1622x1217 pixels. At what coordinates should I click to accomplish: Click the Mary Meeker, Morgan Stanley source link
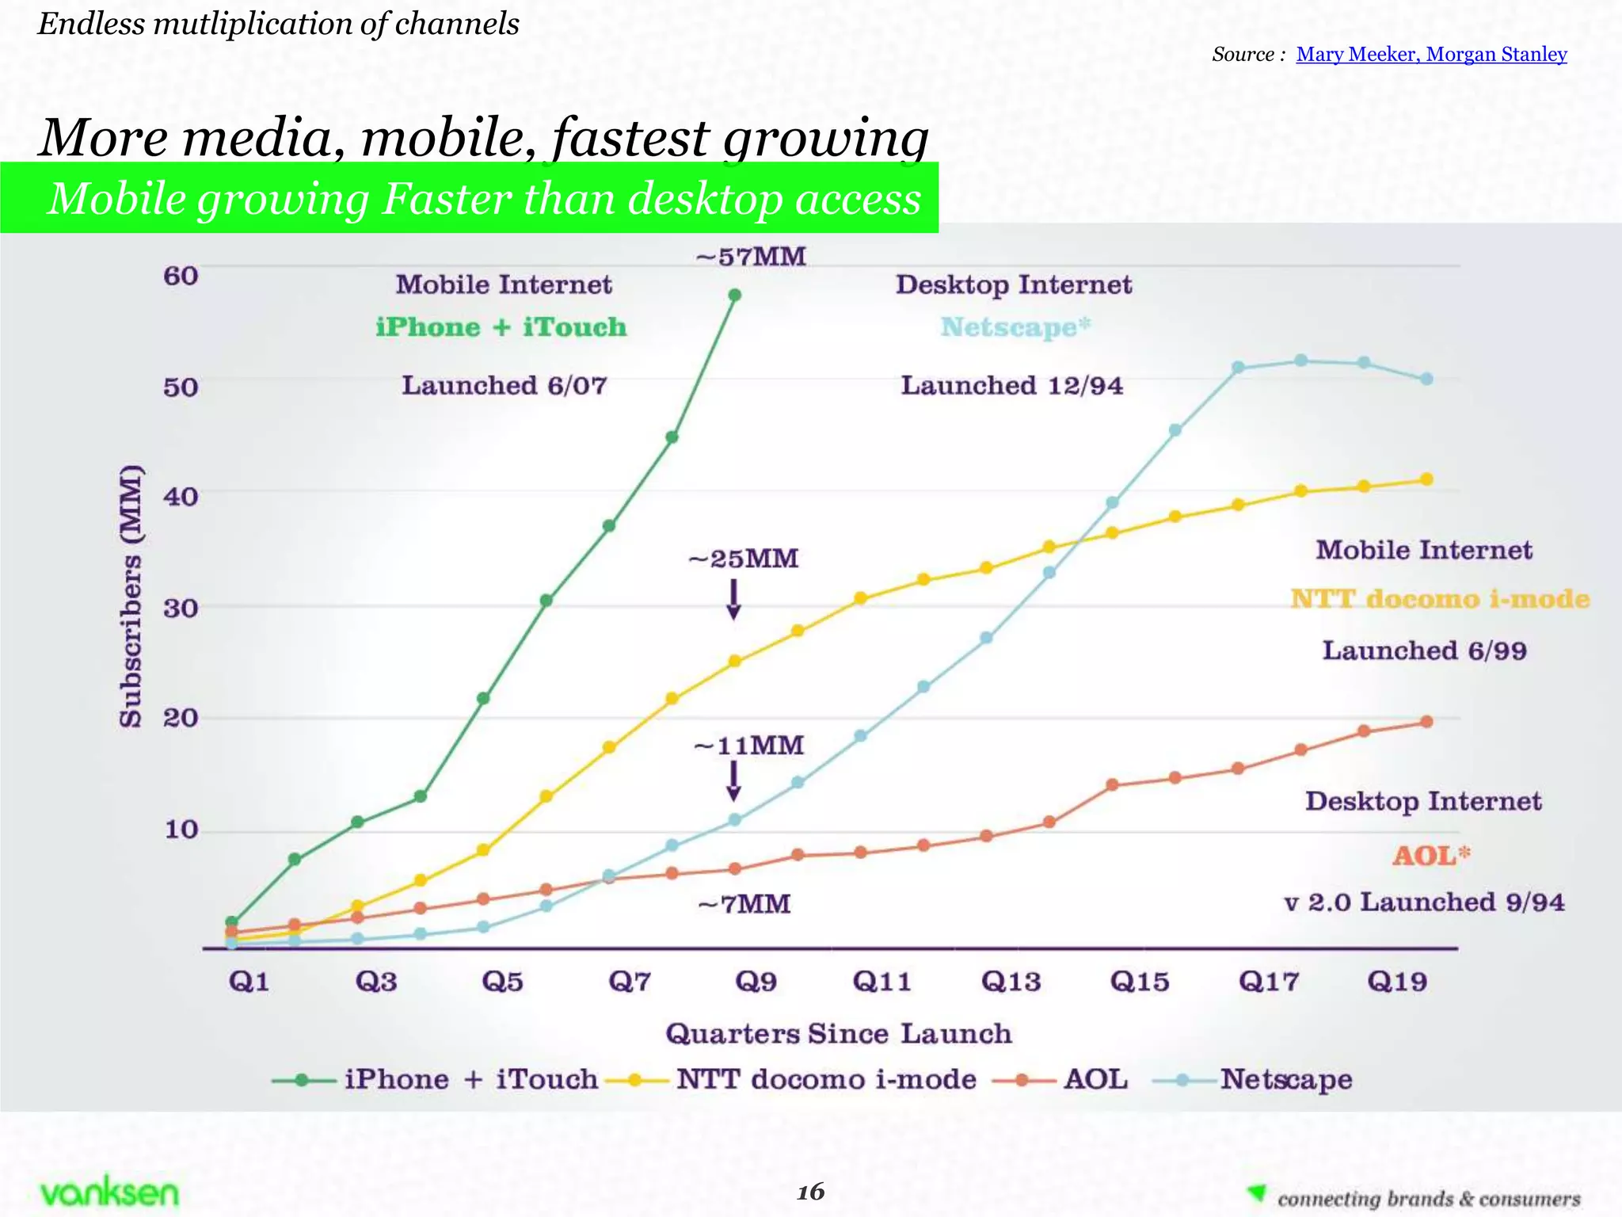1431,54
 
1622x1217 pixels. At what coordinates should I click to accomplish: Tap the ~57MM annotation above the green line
751,257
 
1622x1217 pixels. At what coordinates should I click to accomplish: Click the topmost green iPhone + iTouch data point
734,295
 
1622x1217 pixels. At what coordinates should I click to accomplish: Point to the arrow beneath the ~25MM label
734,599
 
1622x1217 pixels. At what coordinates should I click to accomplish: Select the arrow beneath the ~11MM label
734,780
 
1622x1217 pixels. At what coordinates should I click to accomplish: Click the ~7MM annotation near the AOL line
744,904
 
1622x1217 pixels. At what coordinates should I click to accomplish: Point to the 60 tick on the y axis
181,276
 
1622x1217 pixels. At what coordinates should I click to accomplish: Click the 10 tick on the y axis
181,830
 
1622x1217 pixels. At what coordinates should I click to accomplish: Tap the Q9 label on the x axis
756,982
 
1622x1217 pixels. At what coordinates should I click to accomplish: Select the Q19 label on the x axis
1397,982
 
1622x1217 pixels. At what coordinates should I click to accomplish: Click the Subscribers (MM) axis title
131,596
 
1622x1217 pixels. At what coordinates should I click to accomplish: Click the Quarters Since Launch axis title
838,1033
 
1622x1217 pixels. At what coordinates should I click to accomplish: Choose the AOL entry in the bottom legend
1095,1079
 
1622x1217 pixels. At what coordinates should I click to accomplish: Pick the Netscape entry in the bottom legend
1285,1079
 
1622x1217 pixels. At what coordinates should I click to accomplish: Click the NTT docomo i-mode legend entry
825,1079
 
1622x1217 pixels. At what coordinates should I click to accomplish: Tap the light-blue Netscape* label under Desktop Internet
1015,327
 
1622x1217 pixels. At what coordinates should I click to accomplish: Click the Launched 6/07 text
504,386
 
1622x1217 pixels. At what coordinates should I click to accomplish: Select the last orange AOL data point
1426,722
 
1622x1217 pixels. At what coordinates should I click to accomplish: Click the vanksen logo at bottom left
109,1192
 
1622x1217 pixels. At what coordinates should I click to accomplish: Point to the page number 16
810,1192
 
